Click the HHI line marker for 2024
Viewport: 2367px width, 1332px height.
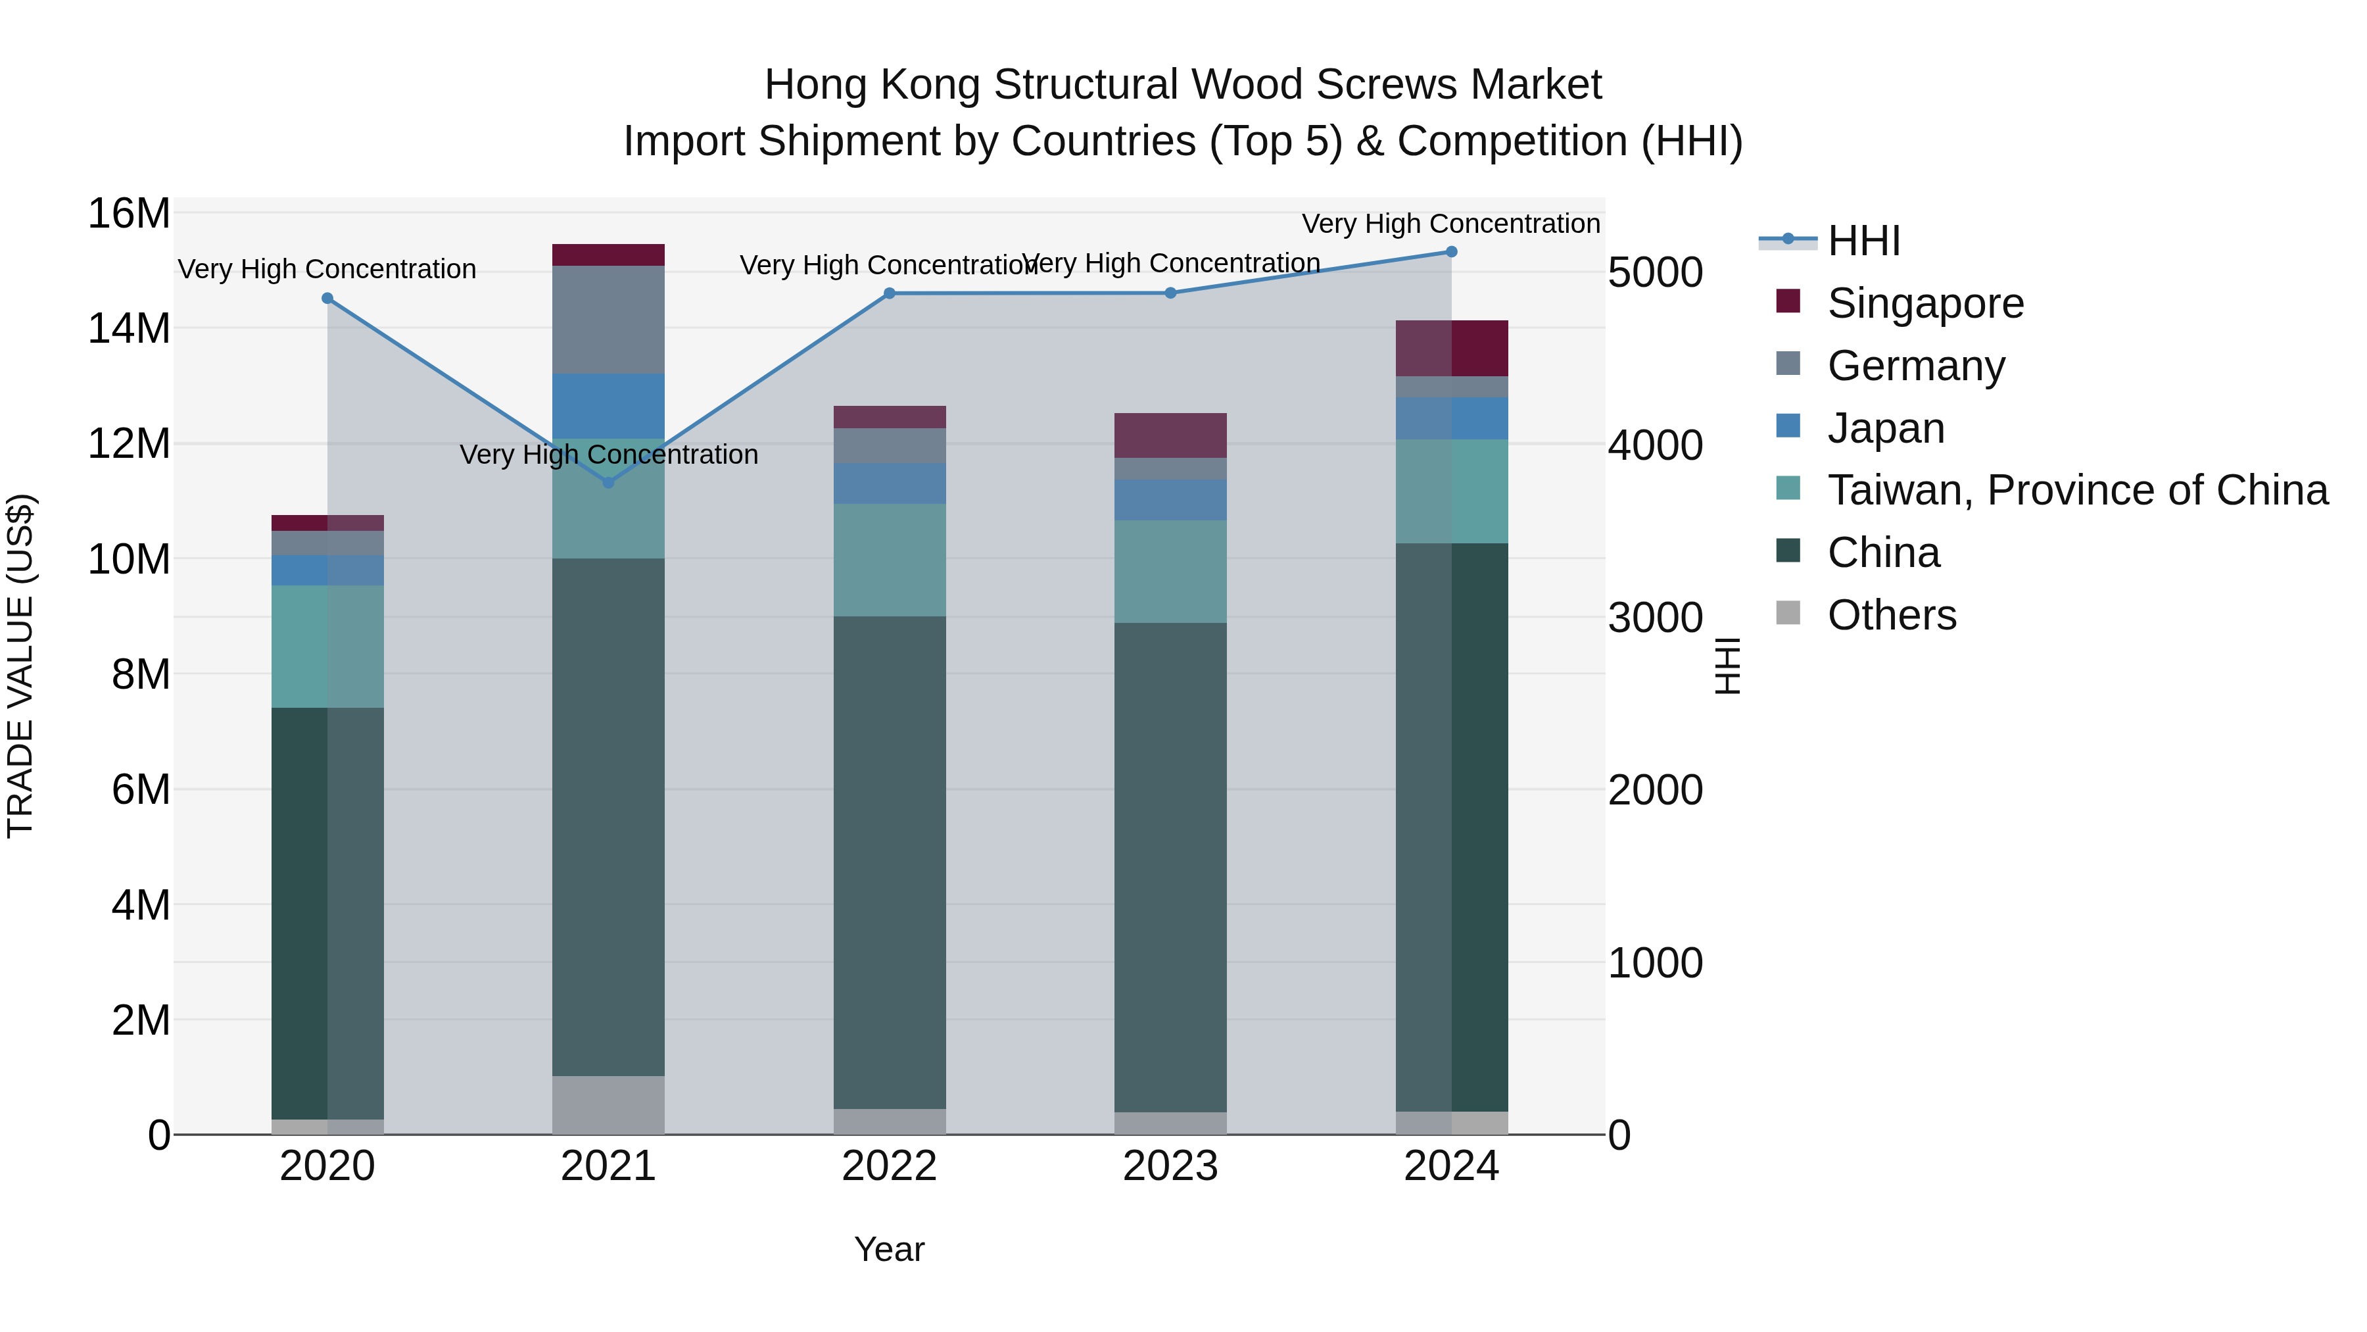click(x=1451, y=251)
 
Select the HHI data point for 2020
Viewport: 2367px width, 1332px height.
click(x=327, y=298)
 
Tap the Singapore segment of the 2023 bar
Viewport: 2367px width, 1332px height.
click(x=1170, y=435)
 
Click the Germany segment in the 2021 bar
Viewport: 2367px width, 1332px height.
click(x=608, y=319)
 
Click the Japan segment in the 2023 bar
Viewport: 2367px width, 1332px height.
click(x=1170, y=499)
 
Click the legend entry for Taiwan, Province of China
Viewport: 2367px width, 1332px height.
click(x=2076, y=490)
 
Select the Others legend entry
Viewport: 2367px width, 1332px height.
click(x=1891, y=615)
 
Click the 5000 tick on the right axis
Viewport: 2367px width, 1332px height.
click(x=1655, y=272)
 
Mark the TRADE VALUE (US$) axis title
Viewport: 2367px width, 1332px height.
click(x=20, y=666)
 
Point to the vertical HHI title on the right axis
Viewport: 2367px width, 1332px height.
click(x=1727, y=666)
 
